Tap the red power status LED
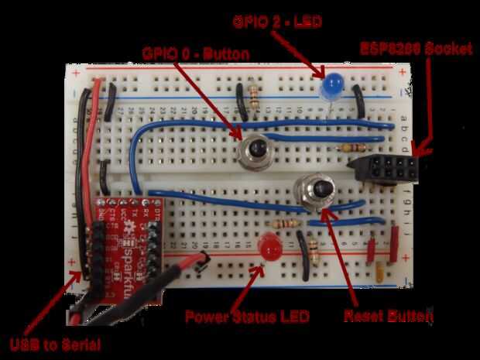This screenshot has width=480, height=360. coord(269,249)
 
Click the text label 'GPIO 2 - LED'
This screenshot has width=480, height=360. coord(276,22)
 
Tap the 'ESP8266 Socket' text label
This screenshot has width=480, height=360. coord(415,49)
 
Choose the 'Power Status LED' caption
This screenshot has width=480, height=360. coord(246,317)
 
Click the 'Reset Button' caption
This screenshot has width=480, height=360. coord(386,316)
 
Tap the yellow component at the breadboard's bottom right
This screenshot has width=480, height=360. coord(380,271)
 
